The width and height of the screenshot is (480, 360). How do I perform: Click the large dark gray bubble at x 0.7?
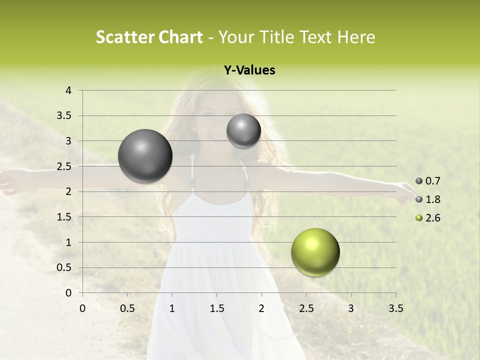click(x=145, y=156)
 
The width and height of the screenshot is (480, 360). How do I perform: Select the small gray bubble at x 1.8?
click(x=243, y=131)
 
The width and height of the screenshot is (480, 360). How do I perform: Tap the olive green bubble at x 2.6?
click(x=315, y=252)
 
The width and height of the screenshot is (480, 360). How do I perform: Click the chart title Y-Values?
click(x=249, y=70)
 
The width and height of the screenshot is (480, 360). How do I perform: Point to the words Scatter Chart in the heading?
click(x=149, y=37)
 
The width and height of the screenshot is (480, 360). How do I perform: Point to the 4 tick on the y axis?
click(x=69, y=90)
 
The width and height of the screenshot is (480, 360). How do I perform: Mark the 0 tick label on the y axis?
click(x=69, y=293)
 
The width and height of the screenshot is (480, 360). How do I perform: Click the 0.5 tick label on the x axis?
click(x=127, y=308)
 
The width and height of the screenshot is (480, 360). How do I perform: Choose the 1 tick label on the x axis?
click(x=172, y=308)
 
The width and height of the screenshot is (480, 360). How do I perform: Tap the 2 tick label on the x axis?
click(x=261, y=308)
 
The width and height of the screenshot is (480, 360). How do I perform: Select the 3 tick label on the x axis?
click(x=351, y=308)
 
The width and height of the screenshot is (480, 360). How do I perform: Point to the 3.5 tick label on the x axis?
click(x=395, y=308)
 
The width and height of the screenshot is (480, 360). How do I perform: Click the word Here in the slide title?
click(x=356, y=37)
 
